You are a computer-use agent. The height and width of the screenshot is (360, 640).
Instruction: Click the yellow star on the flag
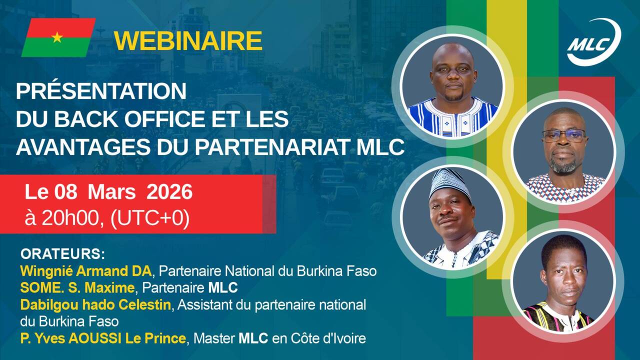(x=57, y=37)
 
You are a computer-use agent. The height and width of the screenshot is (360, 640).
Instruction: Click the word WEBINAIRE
(x=188, y=41)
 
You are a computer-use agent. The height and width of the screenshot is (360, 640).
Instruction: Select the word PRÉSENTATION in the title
(x=101, y=91)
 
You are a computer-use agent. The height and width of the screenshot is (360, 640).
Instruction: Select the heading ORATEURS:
(x=62, y=253)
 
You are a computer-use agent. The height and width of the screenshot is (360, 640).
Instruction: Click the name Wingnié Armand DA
(x=85, y=271)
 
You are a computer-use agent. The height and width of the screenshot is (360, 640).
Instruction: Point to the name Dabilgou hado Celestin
(x=95, y=304)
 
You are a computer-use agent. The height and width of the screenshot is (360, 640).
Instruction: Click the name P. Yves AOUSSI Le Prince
(x=103, y=338)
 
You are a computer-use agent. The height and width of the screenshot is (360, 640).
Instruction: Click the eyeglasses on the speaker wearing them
(x=564, y=135)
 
